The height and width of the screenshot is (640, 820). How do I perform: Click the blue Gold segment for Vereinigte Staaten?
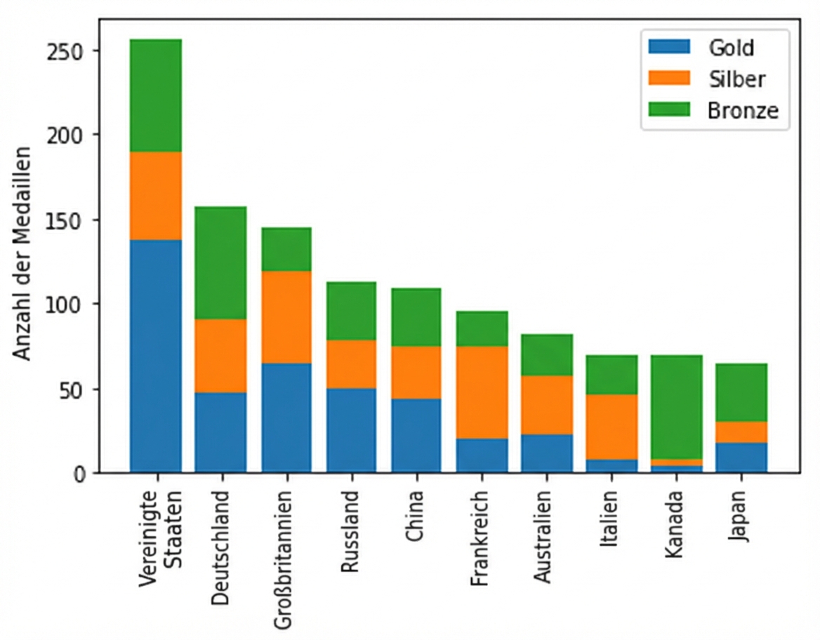(x=156, y=356)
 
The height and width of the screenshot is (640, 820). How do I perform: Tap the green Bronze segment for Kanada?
(x=676, y=407)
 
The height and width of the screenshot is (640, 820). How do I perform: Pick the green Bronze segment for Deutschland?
(x=220, y=262)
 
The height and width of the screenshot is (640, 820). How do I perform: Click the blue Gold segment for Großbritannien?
(x=286, y=417)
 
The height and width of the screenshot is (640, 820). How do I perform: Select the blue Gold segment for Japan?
(x=741, y=457)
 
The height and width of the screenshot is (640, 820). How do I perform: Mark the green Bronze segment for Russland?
(x=351, y=311)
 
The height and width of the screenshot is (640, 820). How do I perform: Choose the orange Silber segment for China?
(x=416, y=372)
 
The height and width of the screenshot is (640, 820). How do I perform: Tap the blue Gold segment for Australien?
(x=546, y=453)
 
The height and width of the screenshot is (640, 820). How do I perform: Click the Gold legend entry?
(x=730, y=48)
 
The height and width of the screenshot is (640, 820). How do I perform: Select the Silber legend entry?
(x=736, y=79)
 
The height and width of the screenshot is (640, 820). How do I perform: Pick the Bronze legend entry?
(x=743, y=111)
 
